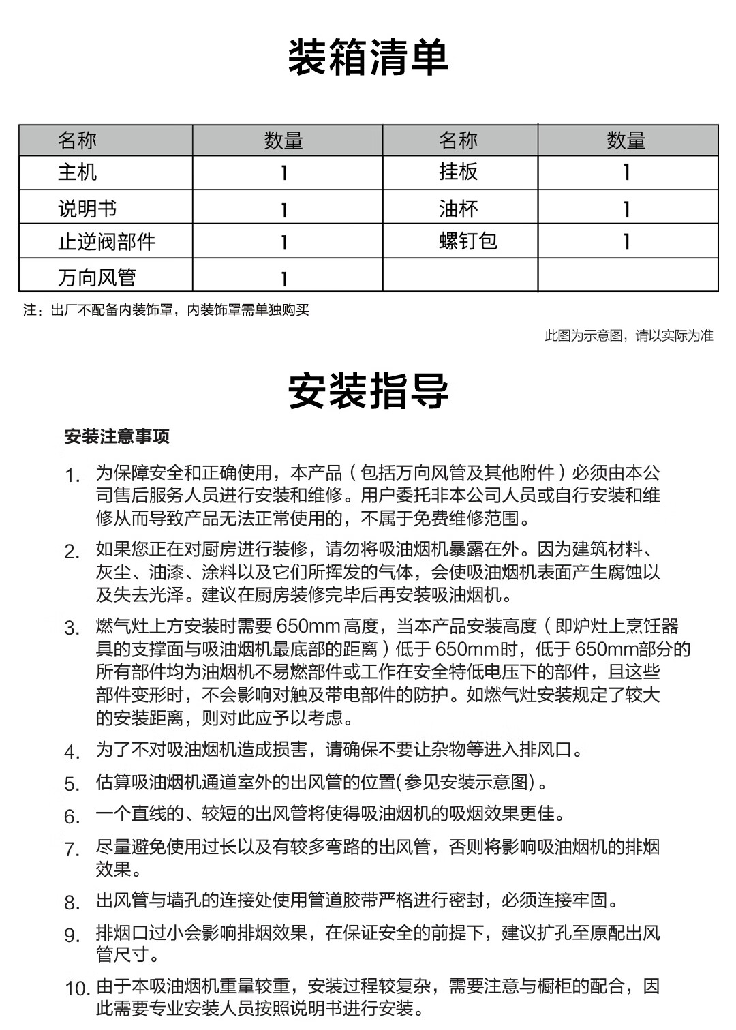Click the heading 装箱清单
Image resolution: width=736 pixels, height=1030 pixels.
click(368, 57)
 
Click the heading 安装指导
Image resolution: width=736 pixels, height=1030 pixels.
click(368, 391)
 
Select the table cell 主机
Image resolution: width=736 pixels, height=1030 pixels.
click(77, 172)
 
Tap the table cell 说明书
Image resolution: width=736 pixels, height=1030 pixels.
click(87, 208)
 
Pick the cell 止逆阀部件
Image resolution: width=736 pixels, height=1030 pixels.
click(106, 241)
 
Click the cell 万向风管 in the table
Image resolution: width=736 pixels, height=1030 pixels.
click(97, 277)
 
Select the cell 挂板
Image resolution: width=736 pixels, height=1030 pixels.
click(458, 172)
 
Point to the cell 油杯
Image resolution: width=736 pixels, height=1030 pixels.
click(458, 208)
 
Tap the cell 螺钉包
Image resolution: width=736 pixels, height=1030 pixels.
click(467, 241)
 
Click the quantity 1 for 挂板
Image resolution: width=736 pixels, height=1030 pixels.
click(626, 172)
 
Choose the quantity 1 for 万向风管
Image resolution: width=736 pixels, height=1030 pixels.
click(284, 278)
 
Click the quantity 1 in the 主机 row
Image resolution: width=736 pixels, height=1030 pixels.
click(284, 173)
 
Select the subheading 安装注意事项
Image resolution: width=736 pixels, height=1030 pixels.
click(117, 436)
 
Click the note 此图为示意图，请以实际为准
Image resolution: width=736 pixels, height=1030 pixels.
click(628, 335)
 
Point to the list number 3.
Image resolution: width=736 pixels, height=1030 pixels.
click(72, 628)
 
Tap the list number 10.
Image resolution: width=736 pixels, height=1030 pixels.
click(77, 988)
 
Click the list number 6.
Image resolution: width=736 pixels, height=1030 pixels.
click(72, 817)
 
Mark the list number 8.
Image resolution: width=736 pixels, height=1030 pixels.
click(72, 903)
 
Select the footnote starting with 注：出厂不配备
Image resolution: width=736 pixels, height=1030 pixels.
click(166, 310)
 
